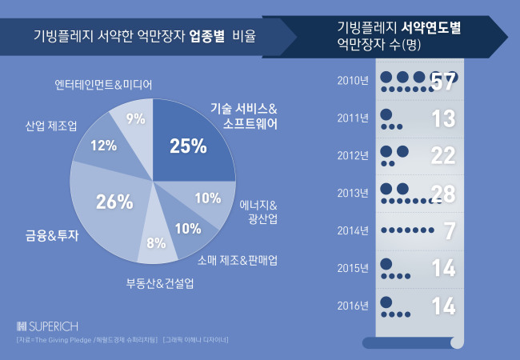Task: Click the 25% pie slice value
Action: pos(188,146)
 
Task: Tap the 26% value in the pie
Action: pos(114,202)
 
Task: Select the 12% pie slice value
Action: pos(104,146)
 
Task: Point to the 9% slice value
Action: pos(136,118)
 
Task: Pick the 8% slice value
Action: pos(156,243)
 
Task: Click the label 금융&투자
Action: pos(52,235)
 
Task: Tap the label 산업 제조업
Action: pos(51,126)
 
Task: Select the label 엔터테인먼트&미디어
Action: pos(103,85)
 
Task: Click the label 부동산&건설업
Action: pos(160,283)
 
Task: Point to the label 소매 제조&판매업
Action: pos(238,261)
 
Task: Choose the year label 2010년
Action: pos(353,81)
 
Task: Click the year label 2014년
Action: pos(353,230)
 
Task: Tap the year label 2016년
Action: pos(353,306)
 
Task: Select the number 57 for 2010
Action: pos(443,82)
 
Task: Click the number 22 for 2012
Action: pos(443,155)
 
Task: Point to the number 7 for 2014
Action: pos(450,230)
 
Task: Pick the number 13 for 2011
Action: pos(444,118)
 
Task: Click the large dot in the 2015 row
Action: pos(386,264)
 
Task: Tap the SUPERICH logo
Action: pos(47,326)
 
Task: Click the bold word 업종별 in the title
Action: pos(207,36)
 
